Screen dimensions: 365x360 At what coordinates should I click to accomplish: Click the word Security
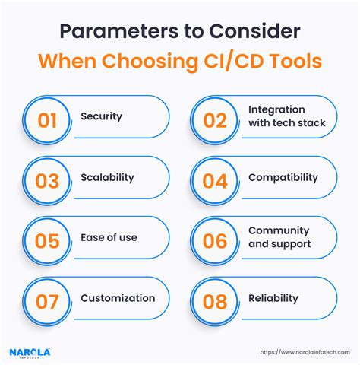point(102,116)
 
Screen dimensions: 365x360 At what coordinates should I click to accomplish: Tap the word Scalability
point(107,177)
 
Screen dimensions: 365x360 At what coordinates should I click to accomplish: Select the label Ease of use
point(109,238)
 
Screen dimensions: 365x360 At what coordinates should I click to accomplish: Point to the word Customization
point(118,299)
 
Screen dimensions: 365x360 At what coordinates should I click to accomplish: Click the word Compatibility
point(283,177)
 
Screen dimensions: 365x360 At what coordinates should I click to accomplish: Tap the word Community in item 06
point(279,230)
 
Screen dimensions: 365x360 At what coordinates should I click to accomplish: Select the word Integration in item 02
point(276,109)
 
